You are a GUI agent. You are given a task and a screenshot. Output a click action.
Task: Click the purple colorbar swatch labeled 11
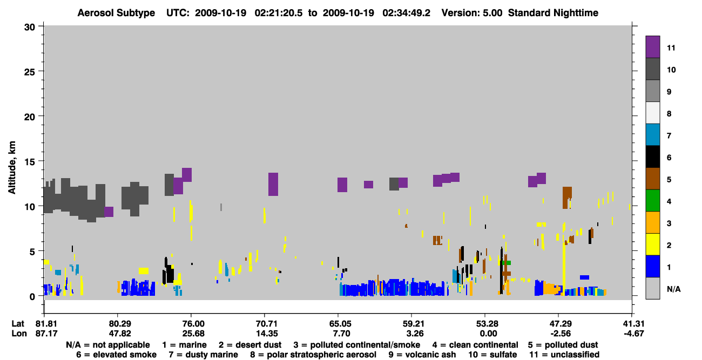point(652,47)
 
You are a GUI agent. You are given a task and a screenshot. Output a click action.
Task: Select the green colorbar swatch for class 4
point(652,201)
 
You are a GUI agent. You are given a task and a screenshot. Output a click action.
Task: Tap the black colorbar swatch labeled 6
point(652,157)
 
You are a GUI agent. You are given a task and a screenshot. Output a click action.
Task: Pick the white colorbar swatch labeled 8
point(652,113)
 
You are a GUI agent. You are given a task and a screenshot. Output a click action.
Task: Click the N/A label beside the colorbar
point(673,289)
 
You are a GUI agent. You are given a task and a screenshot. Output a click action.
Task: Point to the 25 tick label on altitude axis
point(30,72)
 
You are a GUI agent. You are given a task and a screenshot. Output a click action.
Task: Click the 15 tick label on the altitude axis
point(30,162)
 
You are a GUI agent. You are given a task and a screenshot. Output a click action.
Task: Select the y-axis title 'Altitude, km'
point(11,168)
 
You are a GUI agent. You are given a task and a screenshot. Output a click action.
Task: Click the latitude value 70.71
point(267,324)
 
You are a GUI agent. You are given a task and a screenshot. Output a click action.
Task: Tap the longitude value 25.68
point(193,334)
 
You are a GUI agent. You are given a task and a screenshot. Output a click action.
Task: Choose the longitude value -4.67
point(633,334)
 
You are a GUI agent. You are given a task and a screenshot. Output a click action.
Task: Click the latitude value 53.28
point(487,324)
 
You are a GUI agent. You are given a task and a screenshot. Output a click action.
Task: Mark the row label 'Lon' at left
point(19,334)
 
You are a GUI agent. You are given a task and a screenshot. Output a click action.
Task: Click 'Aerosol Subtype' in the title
point(116,13)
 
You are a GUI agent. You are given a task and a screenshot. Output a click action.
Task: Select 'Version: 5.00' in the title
point(472,13)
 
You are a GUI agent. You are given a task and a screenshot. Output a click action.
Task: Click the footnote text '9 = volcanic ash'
point(422,355)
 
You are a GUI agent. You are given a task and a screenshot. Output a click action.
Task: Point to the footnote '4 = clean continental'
point(475,345)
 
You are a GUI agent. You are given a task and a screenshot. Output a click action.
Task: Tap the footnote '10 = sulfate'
point(492,355)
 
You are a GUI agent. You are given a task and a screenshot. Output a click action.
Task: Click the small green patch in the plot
point(507,263)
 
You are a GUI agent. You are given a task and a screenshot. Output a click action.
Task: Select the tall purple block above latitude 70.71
point(273,184)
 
